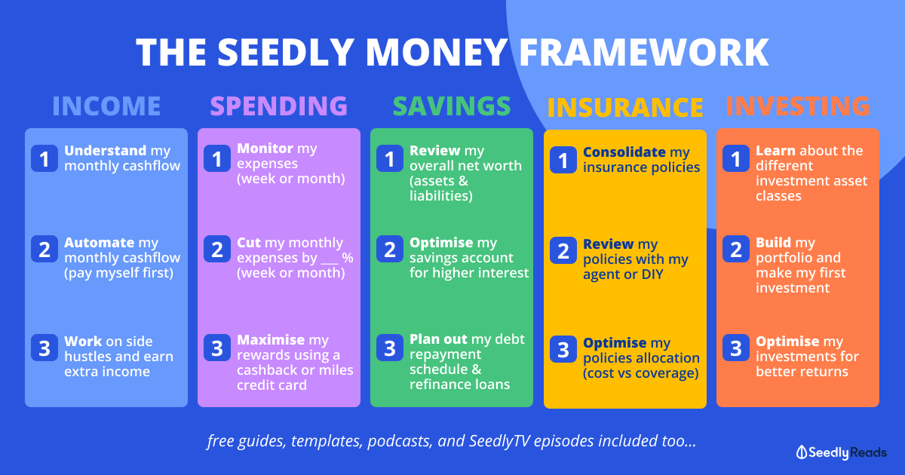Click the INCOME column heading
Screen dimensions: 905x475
pos(106,106)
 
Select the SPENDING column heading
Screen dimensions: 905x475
pos(279,106)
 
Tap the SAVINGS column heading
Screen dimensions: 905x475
pos(452,106)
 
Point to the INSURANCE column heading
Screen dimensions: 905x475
pos(625,107)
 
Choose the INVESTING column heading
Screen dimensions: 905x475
pos(798,106)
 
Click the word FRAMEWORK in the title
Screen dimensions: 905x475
pos(644,52)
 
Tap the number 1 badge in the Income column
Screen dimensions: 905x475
pos(44,158)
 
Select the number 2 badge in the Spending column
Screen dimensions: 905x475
pos(217,249)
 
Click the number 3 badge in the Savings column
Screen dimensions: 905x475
pos(390,348)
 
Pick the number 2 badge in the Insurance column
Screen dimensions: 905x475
pos(563,250)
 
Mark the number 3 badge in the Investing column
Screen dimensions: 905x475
pos(736,348)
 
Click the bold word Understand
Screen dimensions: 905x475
pos(106,151)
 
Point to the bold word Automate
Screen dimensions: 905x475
pos(100,242)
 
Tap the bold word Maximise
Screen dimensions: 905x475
pos(271,340)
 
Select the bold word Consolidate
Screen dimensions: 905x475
pos(624,152)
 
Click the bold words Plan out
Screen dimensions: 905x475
pos(438,339)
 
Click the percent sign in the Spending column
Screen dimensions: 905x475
pos(348,258)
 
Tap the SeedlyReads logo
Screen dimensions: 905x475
pos(842,452)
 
